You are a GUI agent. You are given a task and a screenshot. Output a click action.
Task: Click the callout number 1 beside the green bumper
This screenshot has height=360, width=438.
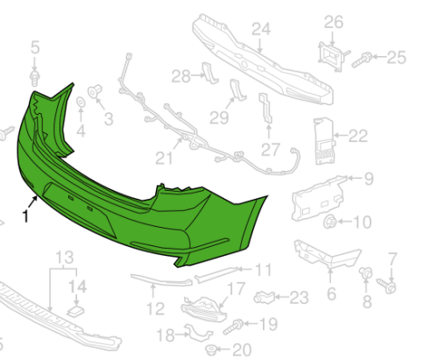(25, 216)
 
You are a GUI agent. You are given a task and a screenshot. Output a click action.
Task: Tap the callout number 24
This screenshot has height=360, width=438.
(261, 30)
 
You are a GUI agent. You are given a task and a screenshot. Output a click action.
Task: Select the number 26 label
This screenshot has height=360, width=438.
(334, 23)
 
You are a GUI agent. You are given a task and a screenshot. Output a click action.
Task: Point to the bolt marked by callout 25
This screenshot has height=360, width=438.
(362, 60)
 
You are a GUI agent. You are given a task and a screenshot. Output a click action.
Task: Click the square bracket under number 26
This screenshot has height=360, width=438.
(332, 57)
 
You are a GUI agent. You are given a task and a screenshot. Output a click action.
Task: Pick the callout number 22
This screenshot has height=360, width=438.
(358, 136)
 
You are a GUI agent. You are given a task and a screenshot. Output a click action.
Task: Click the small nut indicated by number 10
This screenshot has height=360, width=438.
(329, 222)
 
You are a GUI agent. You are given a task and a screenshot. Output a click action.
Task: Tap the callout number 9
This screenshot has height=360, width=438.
(369, 179)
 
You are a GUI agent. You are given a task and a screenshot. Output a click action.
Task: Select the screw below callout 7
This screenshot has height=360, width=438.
(386, 286)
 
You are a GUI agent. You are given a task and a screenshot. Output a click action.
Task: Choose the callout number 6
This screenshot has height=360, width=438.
(331, 293)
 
